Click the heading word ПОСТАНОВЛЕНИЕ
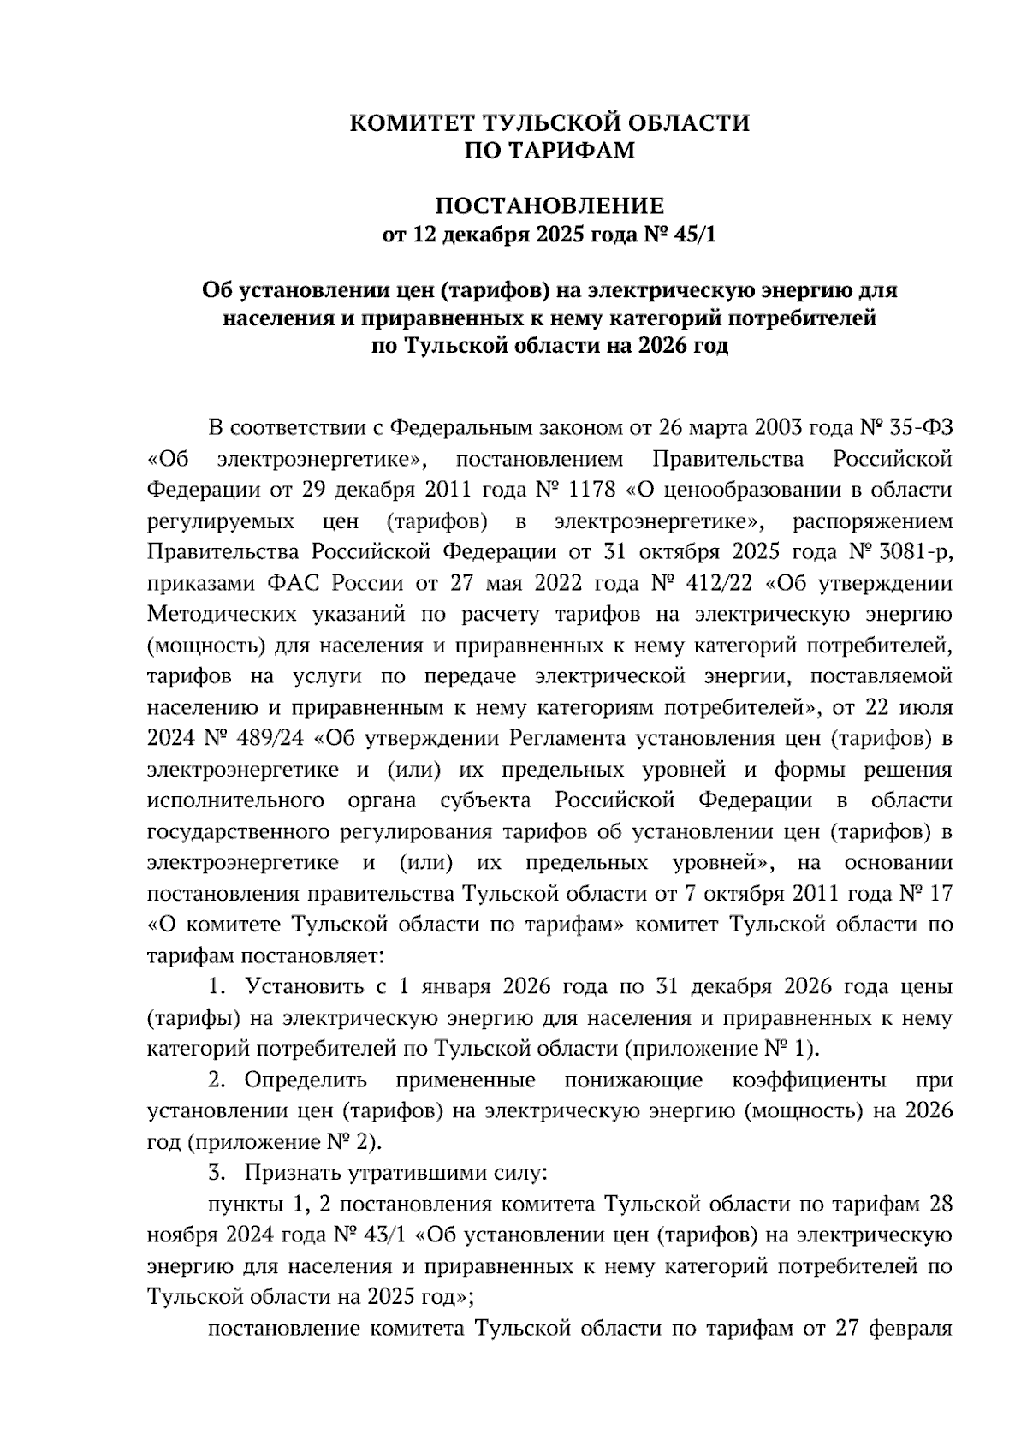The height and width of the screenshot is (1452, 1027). [549, 206]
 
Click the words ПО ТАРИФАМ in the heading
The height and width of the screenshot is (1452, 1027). [549, 151]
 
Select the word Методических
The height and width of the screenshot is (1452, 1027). [219, 615]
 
